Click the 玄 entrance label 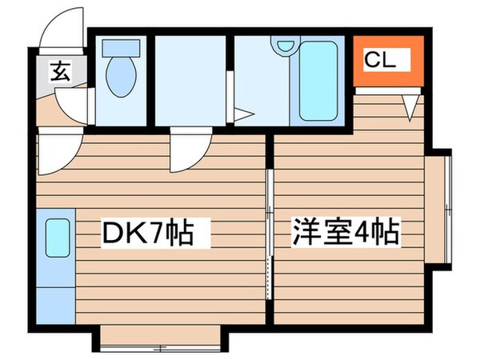tap(61, 72)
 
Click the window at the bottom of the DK tap(161, 346)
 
